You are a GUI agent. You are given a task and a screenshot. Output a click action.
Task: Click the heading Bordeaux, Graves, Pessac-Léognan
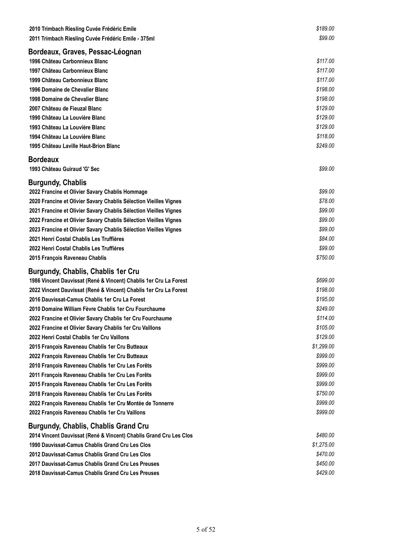85,52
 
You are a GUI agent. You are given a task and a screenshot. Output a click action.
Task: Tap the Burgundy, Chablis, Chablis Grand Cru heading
88,426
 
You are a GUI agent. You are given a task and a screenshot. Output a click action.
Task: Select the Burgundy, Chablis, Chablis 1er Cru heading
84,271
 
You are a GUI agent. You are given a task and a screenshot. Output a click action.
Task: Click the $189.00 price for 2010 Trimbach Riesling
325,29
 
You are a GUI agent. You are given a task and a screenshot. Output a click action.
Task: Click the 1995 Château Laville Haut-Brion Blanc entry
74,146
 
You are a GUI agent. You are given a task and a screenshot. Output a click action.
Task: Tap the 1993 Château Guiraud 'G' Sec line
64,169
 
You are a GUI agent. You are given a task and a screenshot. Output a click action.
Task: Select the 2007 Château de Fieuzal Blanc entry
65,109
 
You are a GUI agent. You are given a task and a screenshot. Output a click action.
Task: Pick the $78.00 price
326,201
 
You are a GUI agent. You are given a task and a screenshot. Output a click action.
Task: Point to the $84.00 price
326,239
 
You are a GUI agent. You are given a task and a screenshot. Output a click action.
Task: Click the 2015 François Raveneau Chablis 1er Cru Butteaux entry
88,347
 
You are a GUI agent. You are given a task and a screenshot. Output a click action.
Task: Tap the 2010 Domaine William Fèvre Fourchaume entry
97,309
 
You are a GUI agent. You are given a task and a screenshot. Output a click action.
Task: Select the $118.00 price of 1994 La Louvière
325,136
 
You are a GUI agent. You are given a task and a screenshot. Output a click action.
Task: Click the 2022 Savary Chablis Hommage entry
88,192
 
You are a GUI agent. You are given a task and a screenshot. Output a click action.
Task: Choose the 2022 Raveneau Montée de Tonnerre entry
101,403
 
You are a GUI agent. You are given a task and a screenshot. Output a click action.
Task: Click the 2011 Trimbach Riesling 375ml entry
92,38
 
